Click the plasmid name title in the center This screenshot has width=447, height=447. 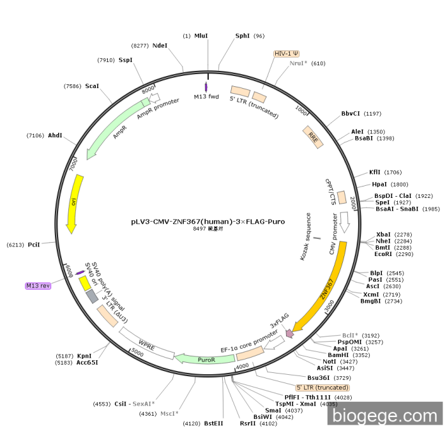pyautogui.click(x=208, y=222)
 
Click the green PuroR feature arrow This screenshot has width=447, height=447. pyautogui.click(x=206, y=359)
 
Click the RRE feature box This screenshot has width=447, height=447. pyautogui.click(x=313, y=137)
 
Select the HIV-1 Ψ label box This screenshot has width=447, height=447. pyautogui.click(x=287, y=54)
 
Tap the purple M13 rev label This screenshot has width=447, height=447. pyautogui.click(x=38, y=285)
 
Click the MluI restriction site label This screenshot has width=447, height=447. pyautogui.click(x=201, y=36)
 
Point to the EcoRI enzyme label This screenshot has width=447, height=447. pyautogui.click(x=384, y=254)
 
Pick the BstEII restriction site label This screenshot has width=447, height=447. pyautogui.click(x=214, y=423)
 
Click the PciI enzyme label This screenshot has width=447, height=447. pyautogui.click(x=34, y=245)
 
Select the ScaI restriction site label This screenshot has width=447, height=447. pyautogui.click(x=92, y=86)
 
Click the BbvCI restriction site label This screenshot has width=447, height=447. pyautogui.click(x=351, y=114)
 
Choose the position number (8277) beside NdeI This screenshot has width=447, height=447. pyautogui.click(x=140, y=46)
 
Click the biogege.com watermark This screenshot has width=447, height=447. pyautogui.click(x=384, y=416)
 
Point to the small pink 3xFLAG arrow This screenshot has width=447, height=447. pyautogui.click(x=290, y=333)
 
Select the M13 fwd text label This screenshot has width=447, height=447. pyautogui.click(x=206, y=97)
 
